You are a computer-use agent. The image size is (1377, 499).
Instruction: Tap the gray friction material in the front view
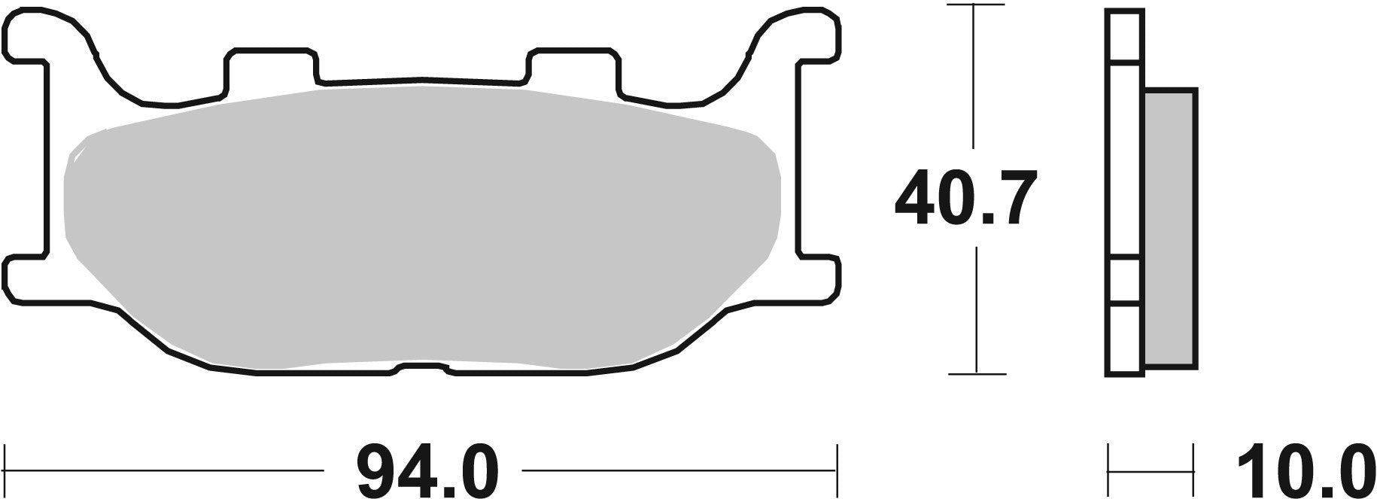(x=421, y=226)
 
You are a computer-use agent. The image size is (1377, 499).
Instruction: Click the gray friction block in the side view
(x=1170, y=230)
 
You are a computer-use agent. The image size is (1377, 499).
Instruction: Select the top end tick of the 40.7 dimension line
(x=975, y=6)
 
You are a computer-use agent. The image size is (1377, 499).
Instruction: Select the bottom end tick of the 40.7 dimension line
(x=975, y=373)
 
